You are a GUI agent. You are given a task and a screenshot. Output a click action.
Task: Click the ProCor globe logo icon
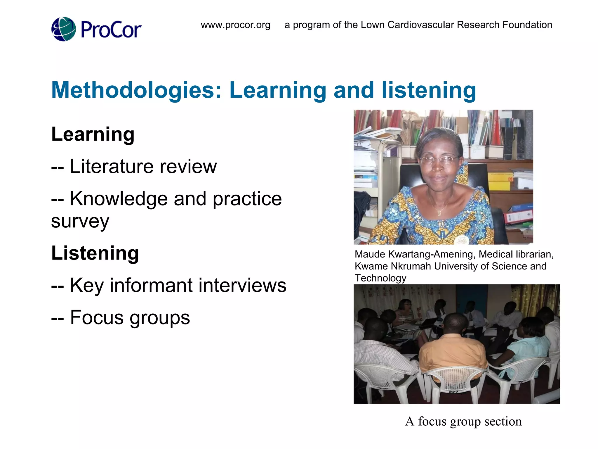(x=63, y=29)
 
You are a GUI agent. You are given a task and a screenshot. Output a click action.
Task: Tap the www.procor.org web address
(x=235, y=25)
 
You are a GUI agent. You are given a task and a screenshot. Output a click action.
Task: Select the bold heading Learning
(x=93, y=134)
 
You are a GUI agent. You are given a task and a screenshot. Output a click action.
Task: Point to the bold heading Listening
(x=95, y=253)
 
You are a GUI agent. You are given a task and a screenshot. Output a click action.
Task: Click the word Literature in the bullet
(x=112, y=166)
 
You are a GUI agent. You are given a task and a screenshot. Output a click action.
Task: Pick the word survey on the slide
(x=80, y=221)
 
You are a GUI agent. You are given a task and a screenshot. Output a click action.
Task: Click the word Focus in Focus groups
(x=97, y=317)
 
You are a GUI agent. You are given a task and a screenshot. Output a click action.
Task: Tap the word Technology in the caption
(x=380, y=278)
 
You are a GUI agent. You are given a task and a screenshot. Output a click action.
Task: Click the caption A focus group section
(x=463, y=421)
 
